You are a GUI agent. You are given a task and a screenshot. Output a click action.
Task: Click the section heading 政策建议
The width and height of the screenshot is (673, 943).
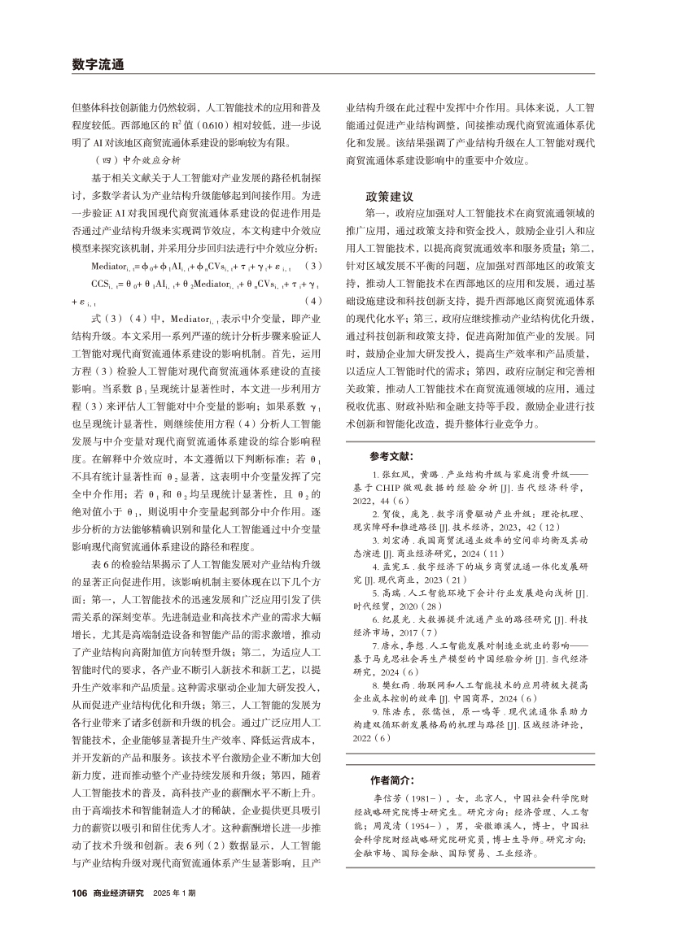(x=387, y=198)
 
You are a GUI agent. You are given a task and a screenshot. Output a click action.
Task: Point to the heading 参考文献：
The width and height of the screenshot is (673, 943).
(x=391, y=456)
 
